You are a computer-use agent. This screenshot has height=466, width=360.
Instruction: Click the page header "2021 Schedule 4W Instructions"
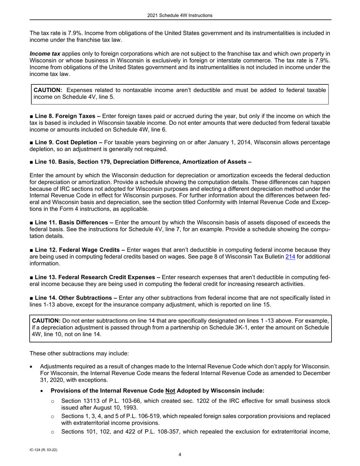180,16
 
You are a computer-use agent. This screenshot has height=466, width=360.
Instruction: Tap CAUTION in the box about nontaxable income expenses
48,90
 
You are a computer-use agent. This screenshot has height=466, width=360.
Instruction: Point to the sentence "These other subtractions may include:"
79,353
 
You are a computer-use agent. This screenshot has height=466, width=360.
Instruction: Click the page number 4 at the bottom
180,455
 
